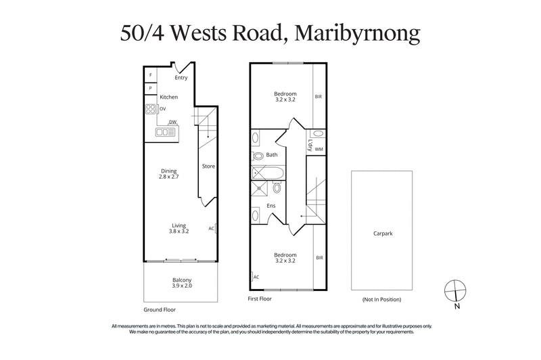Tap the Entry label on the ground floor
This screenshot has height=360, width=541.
pos(181,78)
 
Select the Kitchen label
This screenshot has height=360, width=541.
pos(168,97)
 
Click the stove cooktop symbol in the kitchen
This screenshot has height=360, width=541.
pos(150,108)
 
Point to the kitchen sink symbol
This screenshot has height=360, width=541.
pos(166,133)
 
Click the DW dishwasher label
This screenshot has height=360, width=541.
pos(172,122)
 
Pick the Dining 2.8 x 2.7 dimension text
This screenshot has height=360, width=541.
pos(168,174)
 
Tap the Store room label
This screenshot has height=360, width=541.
pos(208,166)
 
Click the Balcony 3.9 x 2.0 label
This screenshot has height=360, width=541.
pos(181,283)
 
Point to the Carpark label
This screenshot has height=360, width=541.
pos(383,233)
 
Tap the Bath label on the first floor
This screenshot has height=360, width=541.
pos(272,155)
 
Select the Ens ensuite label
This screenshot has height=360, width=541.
pos(270,205)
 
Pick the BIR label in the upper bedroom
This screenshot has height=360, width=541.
pos(319,97)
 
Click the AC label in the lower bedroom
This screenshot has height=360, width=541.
pos(256,277)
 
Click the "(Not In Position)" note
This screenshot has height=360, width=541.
pos(382,299)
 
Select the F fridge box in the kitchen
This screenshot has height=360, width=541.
pos(149,74)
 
